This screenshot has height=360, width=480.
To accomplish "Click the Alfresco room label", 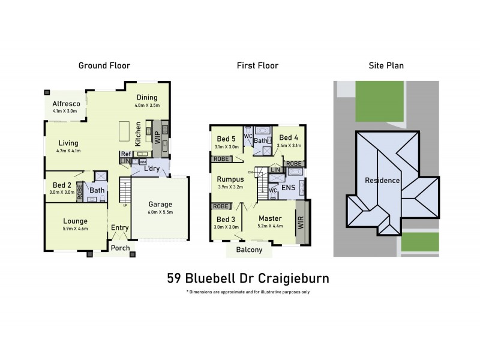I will coord(66,103).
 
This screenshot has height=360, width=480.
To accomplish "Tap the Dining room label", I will coord(147,98).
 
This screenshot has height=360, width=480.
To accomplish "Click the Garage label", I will coord(161,204).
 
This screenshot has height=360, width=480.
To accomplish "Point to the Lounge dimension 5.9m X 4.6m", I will coord(75,229).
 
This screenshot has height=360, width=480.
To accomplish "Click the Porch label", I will coord(120,248).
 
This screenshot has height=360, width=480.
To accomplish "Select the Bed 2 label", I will coord(62,185).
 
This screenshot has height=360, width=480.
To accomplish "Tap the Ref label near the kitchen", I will coord(125,154).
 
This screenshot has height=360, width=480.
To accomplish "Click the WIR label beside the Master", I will coord(301,223).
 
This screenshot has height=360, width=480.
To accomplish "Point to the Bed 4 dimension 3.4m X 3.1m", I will coord(289,145).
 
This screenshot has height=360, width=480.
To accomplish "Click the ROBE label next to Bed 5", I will coord(220,159).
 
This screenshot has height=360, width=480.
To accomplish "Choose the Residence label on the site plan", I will coord(382,180).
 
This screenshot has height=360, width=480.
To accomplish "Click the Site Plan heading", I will coord(386,65).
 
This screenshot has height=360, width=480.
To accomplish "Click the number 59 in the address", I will coord(174,278).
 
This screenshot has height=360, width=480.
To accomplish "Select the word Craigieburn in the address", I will coord(294,278).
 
